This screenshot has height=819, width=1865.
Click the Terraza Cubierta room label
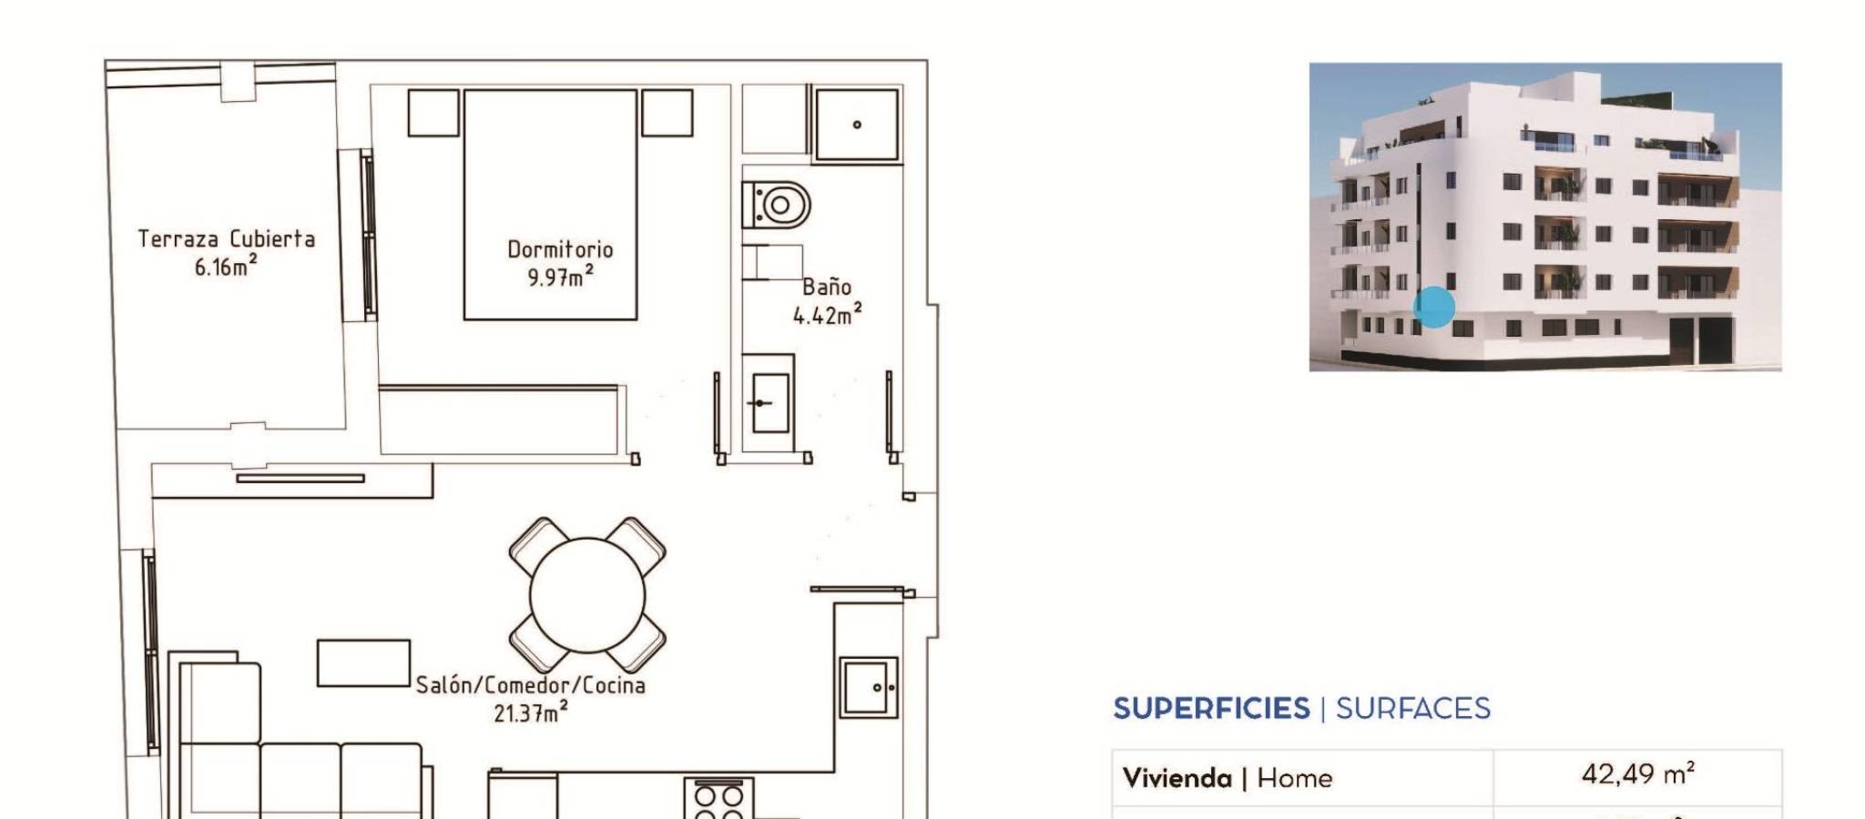coord(226,238)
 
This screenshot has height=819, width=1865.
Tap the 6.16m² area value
coord(225,266)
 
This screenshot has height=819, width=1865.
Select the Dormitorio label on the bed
coord(560,249)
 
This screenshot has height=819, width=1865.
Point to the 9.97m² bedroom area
coord(560,277)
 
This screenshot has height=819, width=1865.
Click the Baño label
coord(827,287)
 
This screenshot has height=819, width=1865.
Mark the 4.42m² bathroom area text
coord(827,315)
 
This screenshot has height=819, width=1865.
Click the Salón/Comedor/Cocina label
coord(530,685)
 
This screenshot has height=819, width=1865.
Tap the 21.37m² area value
coord(530,713)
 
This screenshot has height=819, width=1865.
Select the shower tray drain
coord(857,125)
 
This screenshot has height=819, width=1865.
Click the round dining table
coord(587,596)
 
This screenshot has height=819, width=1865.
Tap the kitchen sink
coord(869,687)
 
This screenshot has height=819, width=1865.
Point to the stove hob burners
coord(718,798)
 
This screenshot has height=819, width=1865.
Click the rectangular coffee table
coord(363,662)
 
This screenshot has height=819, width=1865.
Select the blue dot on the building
coord(1434,307)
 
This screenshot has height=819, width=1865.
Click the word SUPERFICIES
coord(1211,708)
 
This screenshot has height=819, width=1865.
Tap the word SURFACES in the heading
coord(1412,708)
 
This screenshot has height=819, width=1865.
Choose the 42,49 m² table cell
coord(1637,774)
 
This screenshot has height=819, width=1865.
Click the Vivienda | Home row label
coord(1227,778)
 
